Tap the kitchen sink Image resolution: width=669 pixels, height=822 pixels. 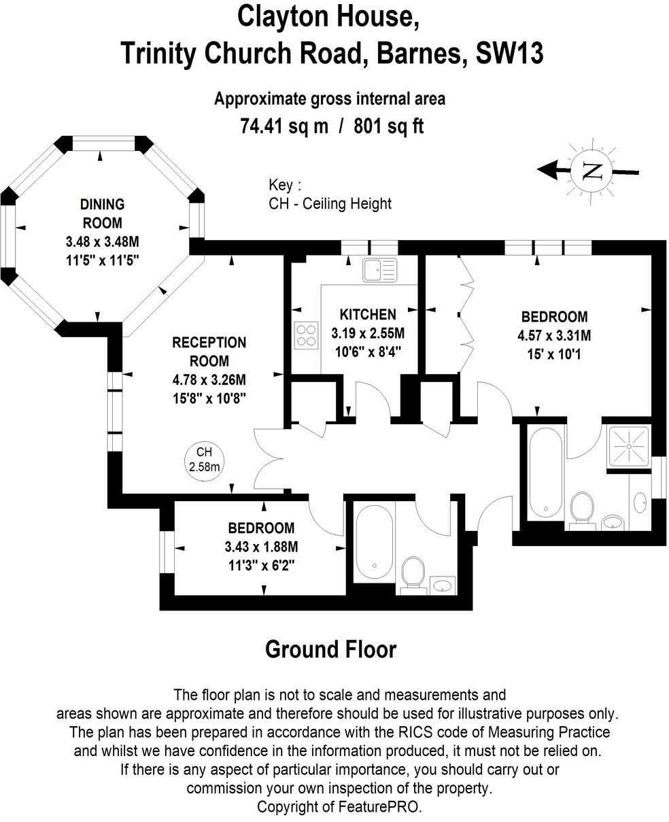tap(380, 270)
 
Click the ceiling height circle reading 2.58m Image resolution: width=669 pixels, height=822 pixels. tap(204, 459)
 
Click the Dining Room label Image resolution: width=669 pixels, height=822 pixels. tap(102, 213)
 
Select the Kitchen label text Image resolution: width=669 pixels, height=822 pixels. tap(367, 315)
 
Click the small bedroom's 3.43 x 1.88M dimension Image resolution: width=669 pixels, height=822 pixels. tap(261, 546)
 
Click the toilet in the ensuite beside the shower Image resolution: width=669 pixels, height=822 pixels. tap(581, 510)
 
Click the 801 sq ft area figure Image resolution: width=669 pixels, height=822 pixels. tap(389, 126)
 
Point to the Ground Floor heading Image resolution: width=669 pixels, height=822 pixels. tap(330, 649)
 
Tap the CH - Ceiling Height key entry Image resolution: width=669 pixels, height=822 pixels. tap(330, 203)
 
